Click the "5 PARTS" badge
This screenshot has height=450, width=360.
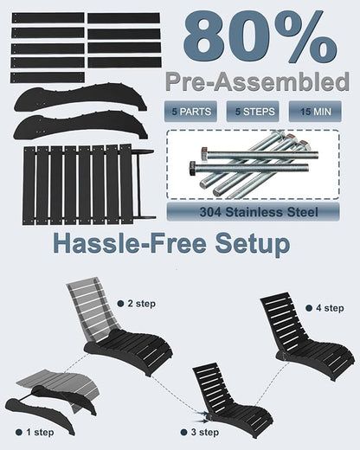(190, 112)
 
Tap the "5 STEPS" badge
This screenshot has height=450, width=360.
(253, 112)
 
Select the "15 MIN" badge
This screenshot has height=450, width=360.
(315, 112)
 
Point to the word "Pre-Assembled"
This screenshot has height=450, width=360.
(258, 81)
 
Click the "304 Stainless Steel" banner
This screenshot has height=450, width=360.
(253, 212)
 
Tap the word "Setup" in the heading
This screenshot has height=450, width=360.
(252, 244)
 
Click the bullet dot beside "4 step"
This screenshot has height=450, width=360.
(309, 308)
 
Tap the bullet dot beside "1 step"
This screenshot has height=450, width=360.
(19, 433)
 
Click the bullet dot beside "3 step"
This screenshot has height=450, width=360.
(183, 433)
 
